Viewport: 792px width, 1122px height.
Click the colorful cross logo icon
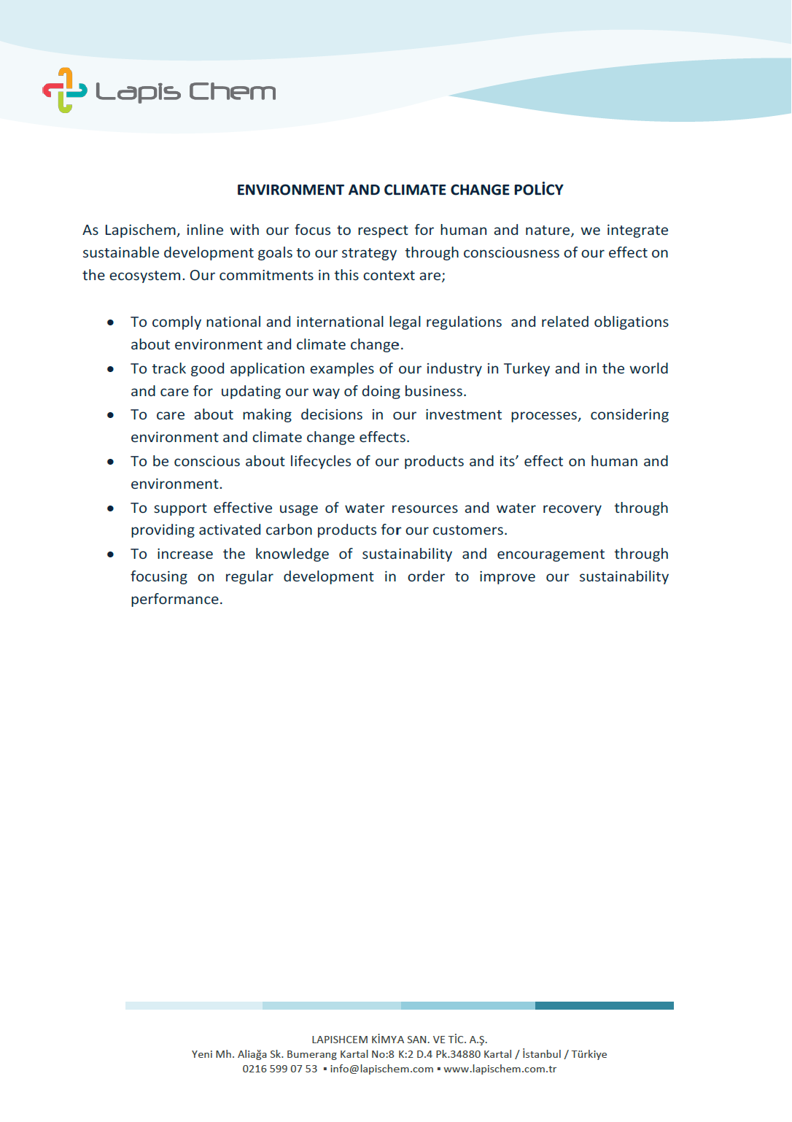(x=64, y=90)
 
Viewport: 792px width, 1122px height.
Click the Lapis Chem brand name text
(x=186, y=92)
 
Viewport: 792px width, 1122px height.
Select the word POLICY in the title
(x=538, y=190)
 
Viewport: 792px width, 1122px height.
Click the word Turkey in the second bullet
(x=527, y=368)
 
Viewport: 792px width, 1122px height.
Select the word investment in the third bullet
(x=463, y=415)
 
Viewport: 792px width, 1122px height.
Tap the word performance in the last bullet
(x=176, y=600)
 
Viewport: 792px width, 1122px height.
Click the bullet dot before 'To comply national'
(x=110, y=322)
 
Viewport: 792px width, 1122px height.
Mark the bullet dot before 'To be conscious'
(x=110, y=462)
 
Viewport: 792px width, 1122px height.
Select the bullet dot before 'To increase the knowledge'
(x=110, y=554)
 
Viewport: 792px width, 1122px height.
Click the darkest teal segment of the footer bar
(x=604, y=1005)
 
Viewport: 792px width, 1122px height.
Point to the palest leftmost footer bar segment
(x=193, y=1005)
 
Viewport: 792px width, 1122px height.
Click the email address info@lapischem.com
(x=381, y=1069)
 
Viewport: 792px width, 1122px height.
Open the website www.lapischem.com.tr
(x=500, y=1069)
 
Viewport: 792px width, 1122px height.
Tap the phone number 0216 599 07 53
(x=280, y=1069)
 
